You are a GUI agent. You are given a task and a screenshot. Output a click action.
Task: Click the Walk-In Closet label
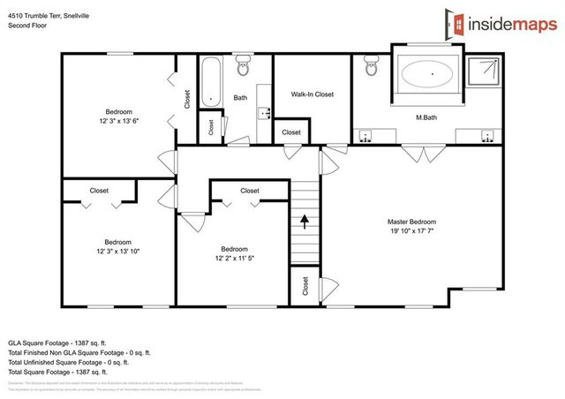pyautogui.click(x=312, y=94)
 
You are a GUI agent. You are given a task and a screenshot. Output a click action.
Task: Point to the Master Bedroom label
pyautogui.click(x=411, y=222)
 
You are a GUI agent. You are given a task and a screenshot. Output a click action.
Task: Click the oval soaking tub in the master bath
pyautogui.click(x=432, y=74)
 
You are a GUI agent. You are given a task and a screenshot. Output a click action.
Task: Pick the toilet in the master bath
pyautogui.click(x=371, y=64)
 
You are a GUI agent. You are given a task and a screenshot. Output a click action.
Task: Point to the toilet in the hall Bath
pyautogui.click(x=244, y=65)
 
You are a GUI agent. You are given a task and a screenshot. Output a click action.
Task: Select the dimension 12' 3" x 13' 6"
pyautogui.click(x=119, y=123)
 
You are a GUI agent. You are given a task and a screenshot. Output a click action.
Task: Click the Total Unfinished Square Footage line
pyautogui.click(x=68, y=362)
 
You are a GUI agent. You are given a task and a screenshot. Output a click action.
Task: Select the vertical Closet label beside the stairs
pyautogui.click(x=305, y=286)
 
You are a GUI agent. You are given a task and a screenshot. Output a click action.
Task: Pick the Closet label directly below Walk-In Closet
pyautogui.click(x=291, y=132)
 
